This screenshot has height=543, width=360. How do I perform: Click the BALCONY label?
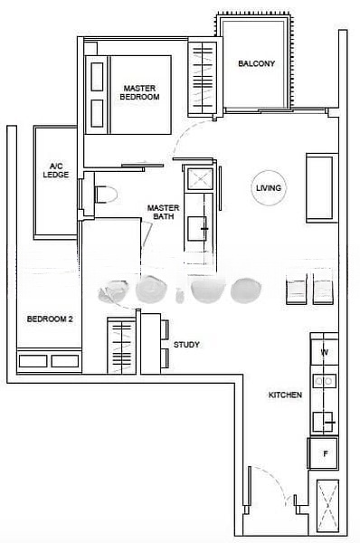click(x=257, y=63)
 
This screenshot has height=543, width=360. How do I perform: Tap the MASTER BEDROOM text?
click(x=139, y=93)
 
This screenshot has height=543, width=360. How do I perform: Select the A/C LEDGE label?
click(x=56, y=170)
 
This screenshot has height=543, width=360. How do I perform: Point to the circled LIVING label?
click(x=269, y=188)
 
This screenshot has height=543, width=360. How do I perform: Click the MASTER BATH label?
click(x=164, y=213)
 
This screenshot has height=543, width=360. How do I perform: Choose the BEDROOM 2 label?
click(x=50, y=319)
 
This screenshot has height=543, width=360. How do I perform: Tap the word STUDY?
click(x=186, y=345)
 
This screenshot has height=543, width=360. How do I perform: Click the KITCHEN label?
click(x=285, y=395)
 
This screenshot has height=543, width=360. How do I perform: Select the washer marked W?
click(x=325, y=352)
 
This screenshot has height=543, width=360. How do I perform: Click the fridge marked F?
click(x=324, y=453)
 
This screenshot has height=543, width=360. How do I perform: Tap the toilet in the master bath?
click(x=106, y=195)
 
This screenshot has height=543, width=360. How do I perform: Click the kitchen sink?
click(x=323, y=422)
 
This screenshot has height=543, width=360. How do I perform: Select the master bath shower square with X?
click(x=200, y=179)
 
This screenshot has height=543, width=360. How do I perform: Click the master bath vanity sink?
click(x=197, y=229)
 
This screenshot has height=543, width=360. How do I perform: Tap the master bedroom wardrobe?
click(x=202, y=80)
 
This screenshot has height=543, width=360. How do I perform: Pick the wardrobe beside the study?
click(x=121, y=346)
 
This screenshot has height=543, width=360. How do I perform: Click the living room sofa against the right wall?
click(x=322, y=188)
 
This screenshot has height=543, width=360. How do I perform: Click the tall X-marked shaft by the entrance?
click(x=327, y=506)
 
